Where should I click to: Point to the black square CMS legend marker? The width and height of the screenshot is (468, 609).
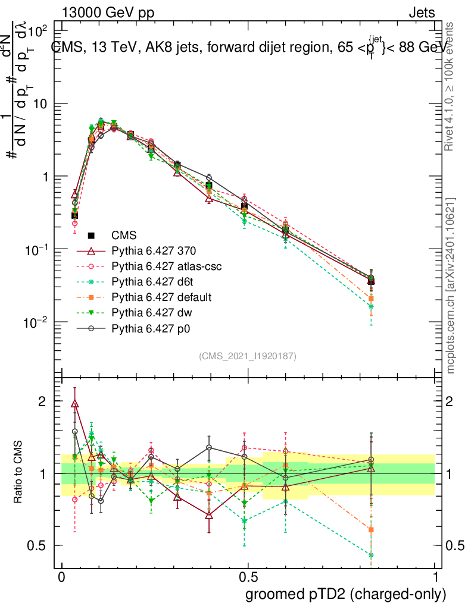tap(92, 236)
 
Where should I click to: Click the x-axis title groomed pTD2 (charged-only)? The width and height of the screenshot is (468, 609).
tap(345, 594)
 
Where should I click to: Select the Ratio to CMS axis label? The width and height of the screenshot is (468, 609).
tap(20, 473)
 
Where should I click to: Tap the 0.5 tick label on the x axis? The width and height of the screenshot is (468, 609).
tap(248, 577)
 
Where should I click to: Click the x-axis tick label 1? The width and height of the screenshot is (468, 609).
tap(435, 577)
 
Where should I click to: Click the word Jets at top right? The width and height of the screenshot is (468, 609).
tap(422, 12)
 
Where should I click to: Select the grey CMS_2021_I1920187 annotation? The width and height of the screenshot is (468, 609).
tap(248, 356)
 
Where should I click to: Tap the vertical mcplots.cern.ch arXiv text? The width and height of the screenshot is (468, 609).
tap(451, 285)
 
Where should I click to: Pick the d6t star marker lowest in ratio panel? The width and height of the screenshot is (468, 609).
tap(371, 555)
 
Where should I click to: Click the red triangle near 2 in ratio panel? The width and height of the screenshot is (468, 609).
tap(74, 404)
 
